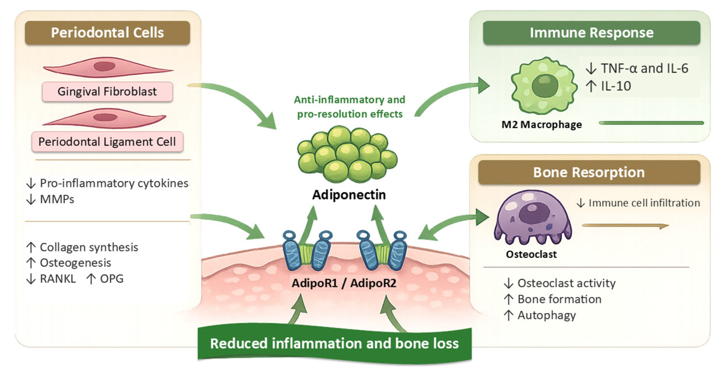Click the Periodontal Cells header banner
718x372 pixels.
coord(107,33)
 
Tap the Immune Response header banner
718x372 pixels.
coord(592,33)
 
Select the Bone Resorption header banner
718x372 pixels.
coord(589,172)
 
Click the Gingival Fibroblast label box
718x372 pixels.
coord(107,92)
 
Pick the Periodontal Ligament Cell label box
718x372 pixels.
coord(107,142)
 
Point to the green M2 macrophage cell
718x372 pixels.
coord(544,86)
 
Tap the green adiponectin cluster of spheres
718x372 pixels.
coord(347,154)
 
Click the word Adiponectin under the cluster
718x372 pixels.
coord(349,195)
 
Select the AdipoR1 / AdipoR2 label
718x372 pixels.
coord(344,283)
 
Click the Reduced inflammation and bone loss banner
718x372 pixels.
coord(334,344)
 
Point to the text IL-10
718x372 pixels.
coord(616,86)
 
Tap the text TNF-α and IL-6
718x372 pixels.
coord(645,68)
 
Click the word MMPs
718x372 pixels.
coord(57,199)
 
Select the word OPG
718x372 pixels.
coord(112,279)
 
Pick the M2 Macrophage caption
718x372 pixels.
coord(542,125)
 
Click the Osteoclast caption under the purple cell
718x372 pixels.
coord(531,254)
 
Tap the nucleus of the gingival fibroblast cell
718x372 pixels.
coord(104,66)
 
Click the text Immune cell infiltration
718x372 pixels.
coord(644,203)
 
